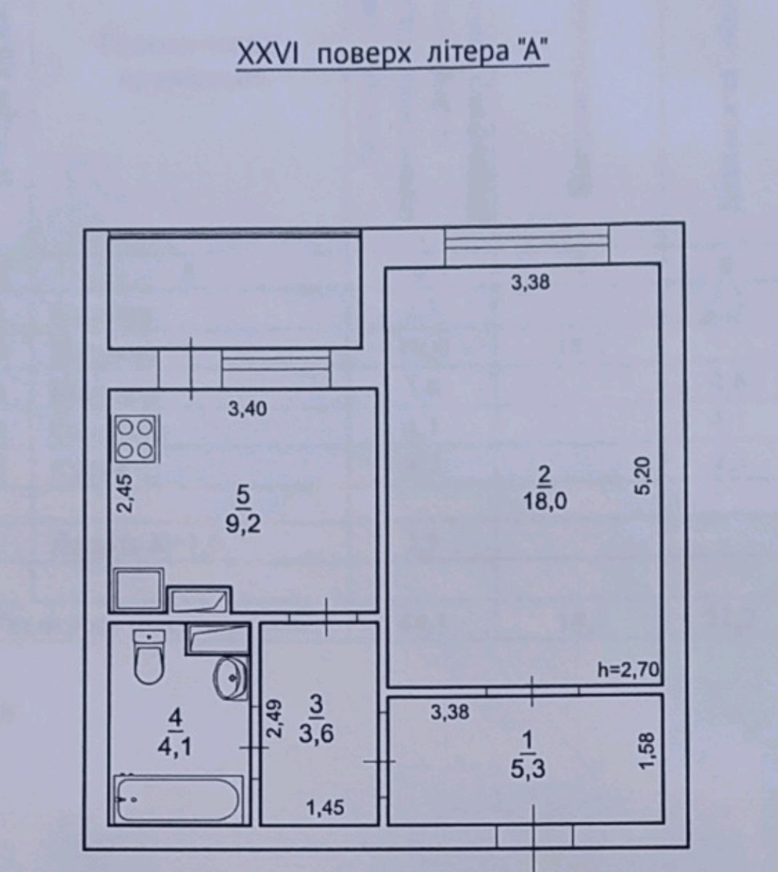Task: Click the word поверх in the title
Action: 364,55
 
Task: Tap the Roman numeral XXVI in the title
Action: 268,54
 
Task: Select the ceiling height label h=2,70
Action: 629,670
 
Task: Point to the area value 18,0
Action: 545,501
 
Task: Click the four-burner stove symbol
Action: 136,439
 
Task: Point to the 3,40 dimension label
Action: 247,408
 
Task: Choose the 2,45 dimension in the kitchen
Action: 126,493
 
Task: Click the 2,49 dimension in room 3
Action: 275,719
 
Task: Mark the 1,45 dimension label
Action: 325,808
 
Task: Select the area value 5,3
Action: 528,770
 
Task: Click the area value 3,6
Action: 316,734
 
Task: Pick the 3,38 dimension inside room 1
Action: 450,712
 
